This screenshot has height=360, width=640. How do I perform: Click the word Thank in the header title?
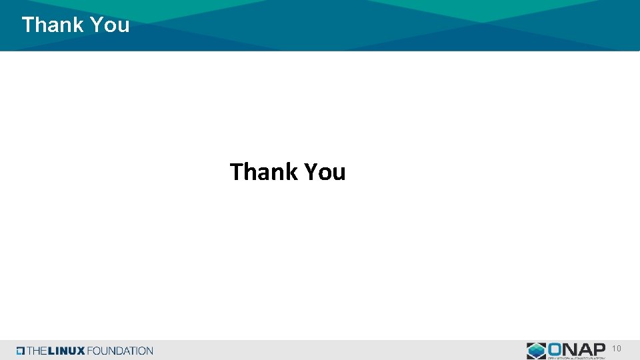[x=53, y=25]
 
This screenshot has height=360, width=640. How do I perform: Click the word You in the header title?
[x=109, y=25]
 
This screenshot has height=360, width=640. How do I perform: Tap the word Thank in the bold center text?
[x=264, y=172]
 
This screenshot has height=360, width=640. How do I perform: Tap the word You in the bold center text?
[x=325, y=172]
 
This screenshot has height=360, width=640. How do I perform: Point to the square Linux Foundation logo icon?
[x=21, y=351]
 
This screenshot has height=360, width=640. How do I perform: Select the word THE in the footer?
[x=38, y=351]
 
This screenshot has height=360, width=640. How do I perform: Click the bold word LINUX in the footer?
[x=67, y=351]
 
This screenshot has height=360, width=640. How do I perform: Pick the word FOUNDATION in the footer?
[x=121, y=351]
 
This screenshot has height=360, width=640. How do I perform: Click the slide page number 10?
[x=617, y=349]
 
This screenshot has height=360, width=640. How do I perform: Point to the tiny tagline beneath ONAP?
[x=576, y=357]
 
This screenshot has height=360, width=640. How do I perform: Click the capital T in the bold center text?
[x=237, y=172]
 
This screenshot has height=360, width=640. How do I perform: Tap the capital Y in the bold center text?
[x=311, y=172]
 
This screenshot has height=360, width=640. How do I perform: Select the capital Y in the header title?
[x=95, y=25]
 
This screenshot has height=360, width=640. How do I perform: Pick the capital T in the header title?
[x=28, y=25]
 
